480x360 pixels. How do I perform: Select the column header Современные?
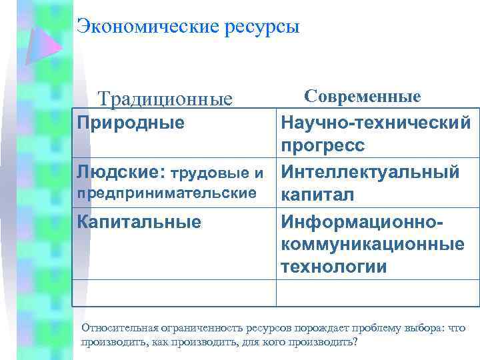click(x=362, y=96)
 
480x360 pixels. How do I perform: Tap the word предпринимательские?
click(x=167, y=193)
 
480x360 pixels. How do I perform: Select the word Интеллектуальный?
click(x=371, y=172)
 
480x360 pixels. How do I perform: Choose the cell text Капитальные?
click(x=139, y=221)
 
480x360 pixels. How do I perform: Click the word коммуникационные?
click(x=373, y=244)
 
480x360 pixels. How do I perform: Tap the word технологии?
click(x=334, y=267)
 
